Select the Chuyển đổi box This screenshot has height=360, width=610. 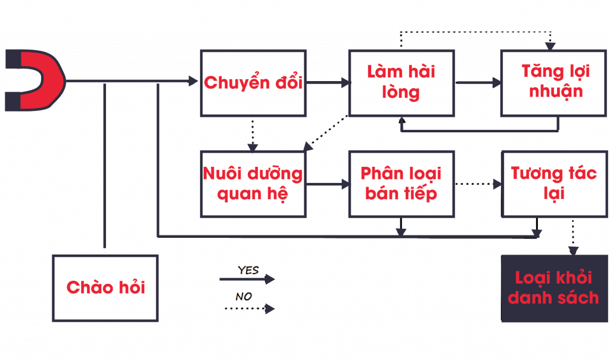[253, 82]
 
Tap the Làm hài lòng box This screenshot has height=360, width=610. [401, 82]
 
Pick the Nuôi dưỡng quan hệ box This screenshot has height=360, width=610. [253, 184]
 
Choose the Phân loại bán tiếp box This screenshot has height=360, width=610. [401, 184]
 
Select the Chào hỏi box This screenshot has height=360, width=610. [105, 288]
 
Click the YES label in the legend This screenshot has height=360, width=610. [248, 270]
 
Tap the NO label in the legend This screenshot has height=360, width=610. [244, 296]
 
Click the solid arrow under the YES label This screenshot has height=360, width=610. [247, 279]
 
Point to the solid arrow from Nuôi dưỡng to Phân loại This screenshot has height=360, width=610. [327, 184]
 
